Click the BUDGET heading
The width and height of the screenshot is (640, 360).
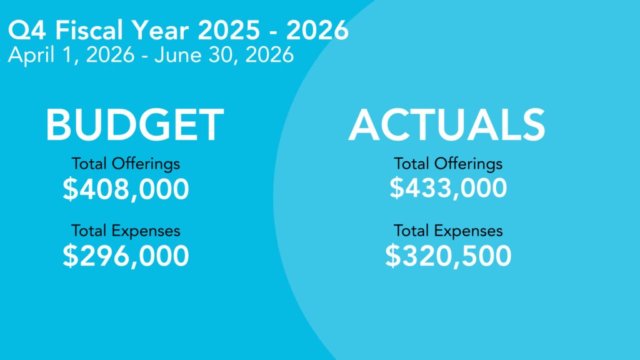pos(135,124)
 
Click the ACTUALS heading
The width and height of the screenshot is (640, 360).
pos(447,124)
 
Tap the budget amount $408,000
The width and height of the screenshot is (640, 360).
pos(126,189)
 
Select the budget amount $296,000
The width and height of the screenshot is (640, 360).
pos(126,256)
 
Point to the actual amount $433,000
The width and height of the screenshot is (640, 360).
pos(448,188)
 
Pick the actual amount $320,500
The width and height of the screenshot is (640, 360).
pos(448,256)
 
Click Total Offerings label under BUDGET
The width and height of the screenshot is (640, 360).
pos(126,164)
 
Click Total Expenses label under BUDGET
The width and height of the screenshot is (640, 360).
pos(126,231)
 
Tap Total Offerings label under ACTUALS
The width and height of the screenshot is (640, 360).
pos(448,164)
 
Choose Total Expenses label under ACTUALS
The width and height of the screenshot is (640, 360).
pos(448,231)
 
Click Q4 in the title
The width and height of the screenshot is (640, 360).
pos(26,30)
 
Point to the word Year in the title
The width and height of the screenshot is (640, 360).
pos(160,30)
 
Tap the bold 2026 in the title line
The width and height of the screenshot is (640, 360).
pos(317,30)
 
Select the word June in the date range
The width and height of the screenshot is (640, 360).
pos(177,55)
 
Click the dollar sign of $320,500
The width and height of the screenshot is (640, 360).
pos(393,256)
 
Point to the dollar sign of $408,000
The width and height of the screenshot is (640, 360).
pos(70,189)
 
